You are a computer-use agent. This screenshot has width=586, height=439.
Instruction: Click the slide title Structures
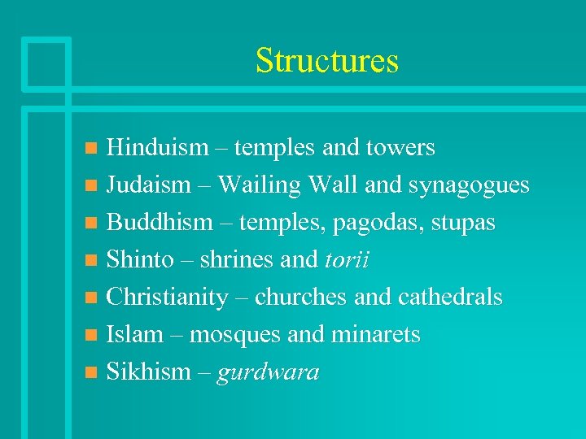(x=327, y=61)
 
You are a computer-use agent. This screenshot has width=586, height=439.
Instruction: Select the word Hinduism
(x=158, y=148)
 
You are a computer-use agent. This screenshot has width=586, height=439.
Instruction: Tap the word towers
(x=400, y=148)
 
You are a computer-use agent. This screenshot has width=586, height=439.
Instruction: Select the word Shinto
(x=141, y=260)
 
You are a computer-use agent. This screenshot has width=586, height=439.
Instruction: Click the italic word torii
(x=348, y=260)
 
